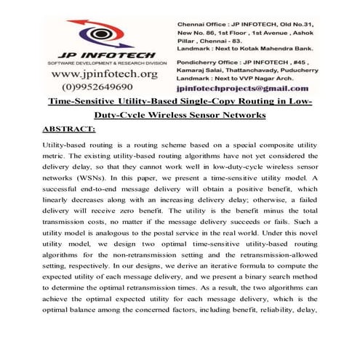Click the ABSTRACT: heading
pyautogui.click(x=69, y=129)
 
